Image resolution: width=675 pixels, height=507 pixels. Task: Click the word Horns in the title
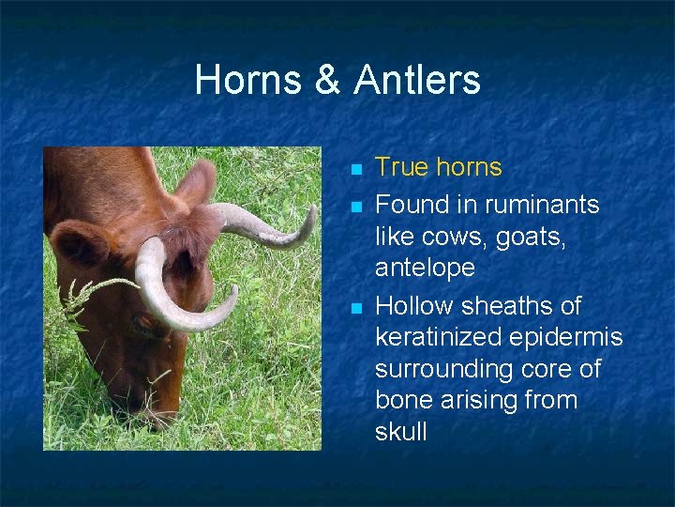247,80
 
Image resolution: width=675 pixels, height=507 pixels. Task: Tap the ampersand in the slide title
327,80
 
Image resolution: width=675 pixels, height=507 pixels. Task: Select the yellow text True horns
438,167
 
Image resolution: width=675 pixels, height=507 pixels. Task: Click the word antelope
425,268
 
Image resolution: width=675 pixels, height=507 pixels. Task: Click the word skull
400,432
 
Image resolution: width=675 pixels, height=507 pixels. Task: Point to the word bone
403,400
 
